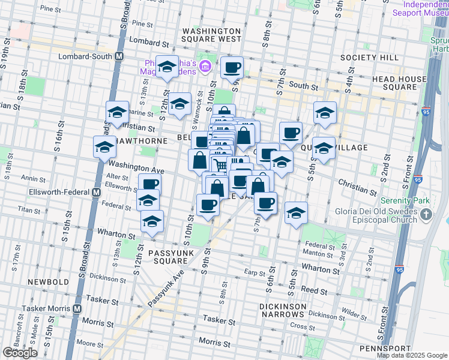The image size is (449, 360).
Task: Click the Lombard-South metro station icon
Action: [x=119, y=56]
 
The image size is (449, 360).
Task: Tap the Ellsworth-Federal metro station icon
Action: [x=95, y=193]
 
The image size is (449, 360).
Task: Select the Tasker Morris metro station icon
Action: [x=77, y=308]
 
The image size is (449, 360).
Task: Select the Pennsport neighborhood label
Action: [x=385, y=349]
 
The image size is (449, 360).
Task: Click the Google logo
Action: [x=20, y=353]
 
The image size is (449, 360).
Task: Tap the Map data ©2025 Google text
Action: [x=411, y=355]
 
